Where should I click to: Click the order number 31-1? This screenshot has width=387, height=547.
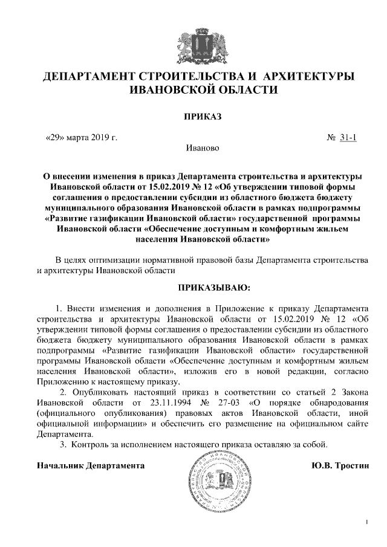coord(348,137)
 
